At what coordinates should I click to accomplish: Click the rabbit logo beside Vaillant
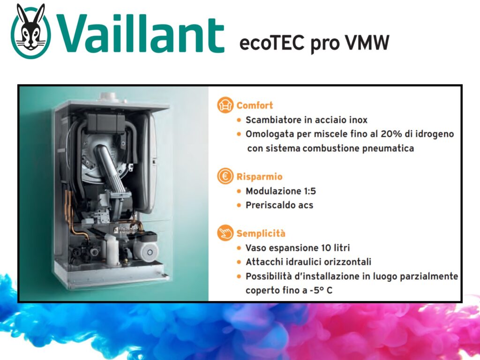31,31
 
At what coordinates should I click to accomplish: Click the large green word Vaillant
141,33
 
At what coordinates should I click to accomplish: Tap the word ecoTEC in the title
272,43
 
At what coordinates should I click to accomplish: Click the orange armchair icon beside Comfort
225,105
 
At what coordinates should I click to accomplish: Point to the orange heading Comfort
255,105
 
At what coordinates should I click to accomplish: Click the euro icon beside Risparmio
225,176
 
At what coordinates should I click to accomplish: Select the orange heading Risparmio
259,177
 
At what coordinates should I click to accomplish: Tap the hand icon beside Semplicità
225,233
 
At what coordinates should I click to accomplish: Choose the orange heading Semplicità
261,233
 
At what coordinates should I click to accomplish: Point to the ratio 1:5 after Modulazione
310,191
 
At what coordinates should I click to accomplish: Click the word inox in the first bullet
358,120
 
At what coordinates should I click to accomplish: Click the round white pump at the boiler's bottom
150,252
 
